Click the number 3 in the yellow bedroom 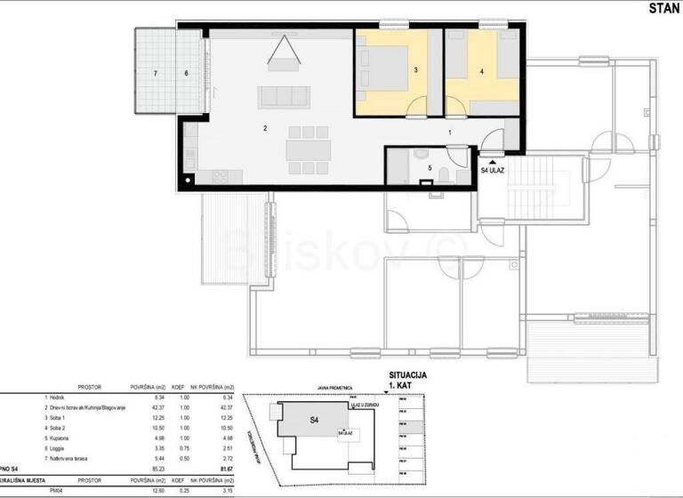click(x=415, y=68)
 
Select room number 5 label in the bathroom click(x=430, y=166)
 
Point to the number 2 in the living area click(x=265, y=129)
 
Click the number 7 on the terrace click(x=155, y=73)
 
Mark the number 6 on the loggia click(x=186, y=73)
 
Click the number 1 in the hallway click(x=450, y=132)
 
